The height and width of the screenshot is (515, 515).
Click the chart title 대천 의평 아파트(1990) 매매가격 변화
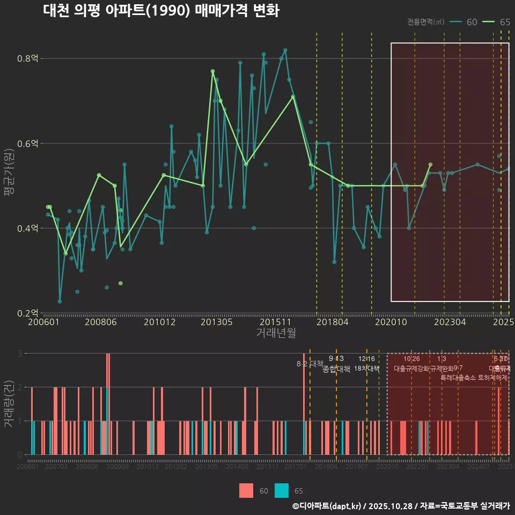(x=160, y=11)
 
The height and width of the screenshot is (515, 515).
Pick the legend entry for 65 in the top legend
(x=496, y=22)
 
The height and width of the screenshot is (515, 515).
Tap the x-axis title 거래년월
(x=276, y=333)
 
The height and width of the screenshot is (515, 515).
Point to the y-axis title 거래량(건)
(x=9, y=403)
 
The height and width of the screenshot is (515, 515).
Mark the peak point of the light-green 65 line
(x=212, y=71)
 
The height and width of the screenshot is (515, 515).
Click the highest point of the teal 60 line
(x=285, y=50)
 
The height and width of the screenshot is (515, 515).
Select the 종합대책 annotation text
(x=336, y=369)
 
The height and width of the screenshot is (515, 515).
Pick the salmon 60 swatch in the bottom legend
(x=246, y=490)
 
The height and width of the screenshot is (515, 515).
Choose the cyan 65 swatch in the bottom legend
(x=282, y=490)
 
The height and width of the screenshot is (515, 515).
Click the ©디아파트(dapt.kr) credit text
(x=327, y=506)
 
